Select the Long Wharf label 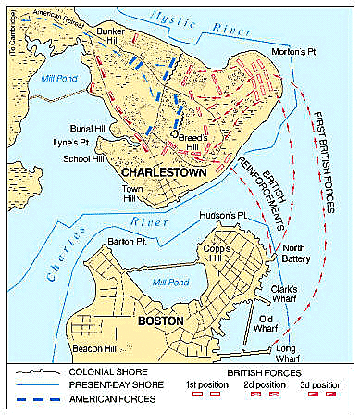pos(292,347)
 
